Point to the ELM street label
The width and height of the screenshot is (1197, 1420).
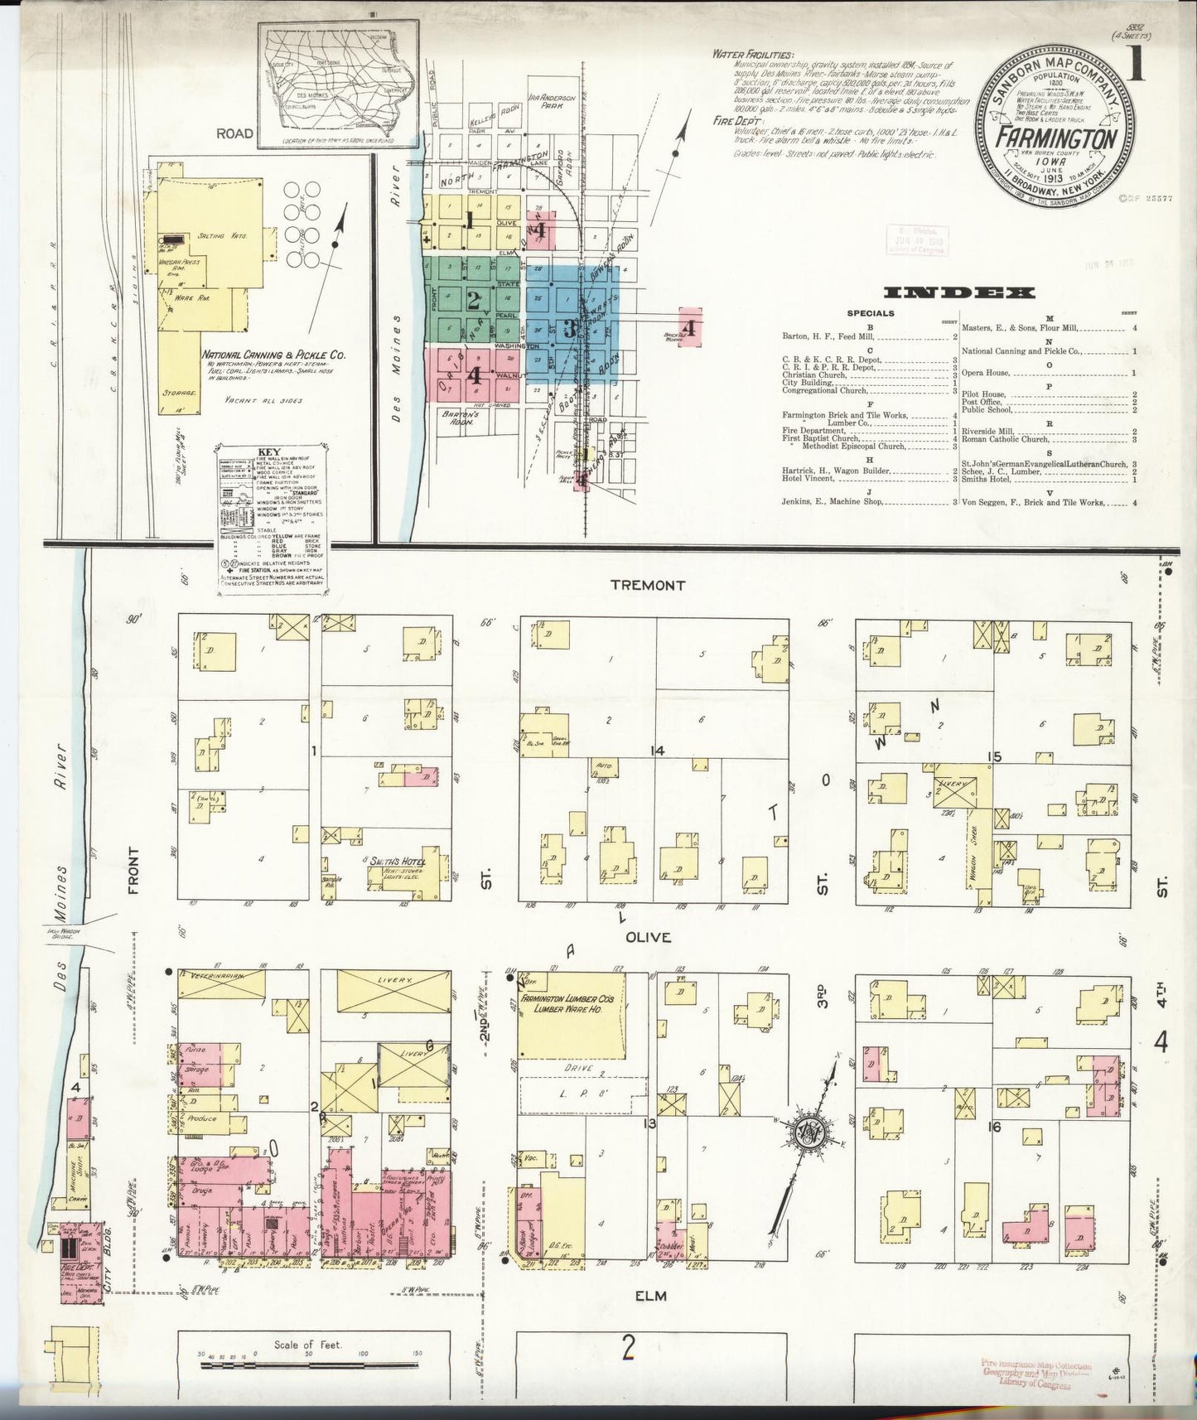[x=650, y=1295]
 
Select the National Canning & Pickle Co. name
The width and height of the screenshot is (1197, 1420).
[x=273, y=355]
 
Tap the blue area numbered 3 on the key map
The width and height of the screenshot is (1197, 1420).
[x=570, y=327]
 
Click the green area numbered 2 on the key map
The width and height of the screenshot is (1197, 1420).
[x=473, y=300]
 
